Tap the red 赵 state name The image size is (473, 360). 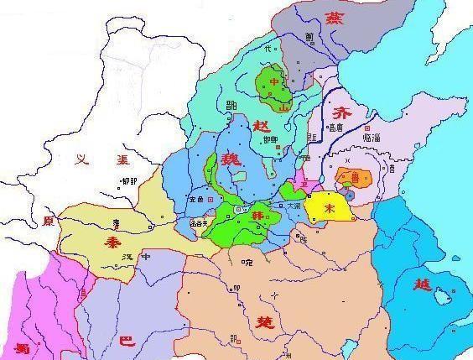click(236, 126)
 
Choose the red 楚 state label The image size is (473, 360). click(258, 321)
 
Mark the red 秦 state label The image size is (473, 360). click(111, 238)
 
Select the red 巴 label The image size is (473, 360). click(127, 341)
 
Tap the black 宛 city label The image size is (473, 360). click(246, 262)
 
